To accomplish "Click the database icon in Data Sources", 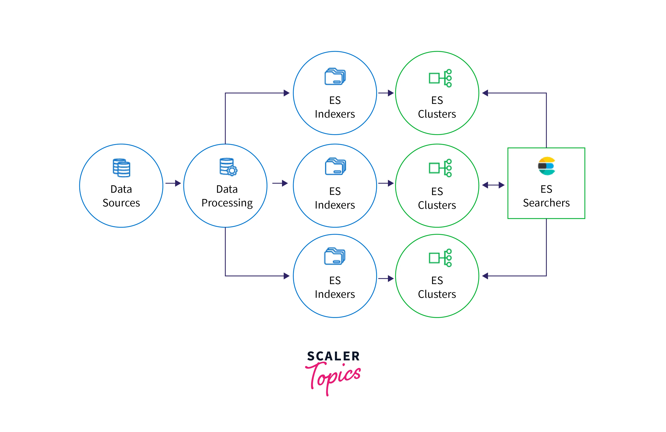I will click(121, 168).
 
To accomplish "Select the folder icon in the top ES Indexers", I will click(335, 76).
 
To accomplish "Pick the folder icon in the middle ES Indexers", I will click(335, 166).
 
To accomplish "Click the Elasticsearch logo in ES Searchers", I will click(546, 166).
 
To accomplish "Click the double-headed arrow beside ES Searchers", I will click(493, 185).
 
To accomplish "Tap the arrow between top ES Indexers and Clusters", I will click(386, 93).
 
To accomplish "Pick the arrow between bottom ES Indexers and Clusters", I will click(386, 278).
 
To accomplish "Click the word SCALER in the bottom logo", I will click(333, 356).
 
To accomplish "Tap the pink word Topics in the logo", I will click(333, 376).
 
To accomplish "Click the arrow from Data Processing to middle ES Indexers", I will click(280, 184).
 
